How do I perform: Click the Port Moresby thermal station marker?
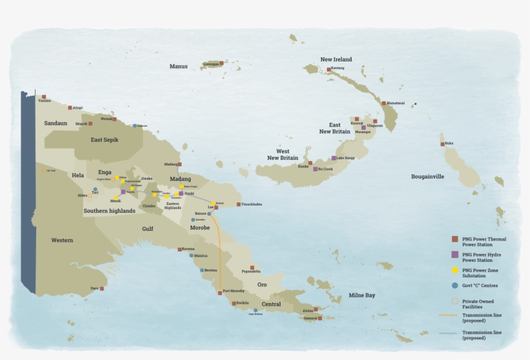coord(220,293)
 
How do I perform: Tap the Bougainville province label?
coord(427,176)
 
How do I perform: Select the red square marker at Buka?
coord(443,143)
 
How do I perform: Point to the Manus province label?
coord(178,66)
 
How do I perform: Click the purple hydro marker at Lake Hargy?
coord(334,158)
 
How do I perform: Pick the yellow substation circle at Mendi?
coord(116,198)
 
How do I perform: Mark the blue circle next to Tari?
coord(95,189)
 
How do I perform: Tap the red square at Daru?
coord(101,288)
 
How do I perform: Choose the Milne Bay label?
coord(361,295)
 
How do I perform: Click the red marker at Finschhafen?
coord(238,204)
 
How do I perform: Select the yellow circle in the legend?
coord(454,270)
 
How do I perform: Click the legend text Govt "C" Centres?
coord(480,285)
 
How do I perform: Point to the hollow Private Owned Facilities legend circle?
coord(454,301)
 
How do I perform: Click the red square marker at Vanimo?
coord(44,97)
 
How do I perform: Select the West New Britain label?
coord(283,154)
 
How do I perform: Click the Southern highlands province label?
coord(109,211)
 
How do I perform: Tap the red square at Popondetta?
coord(252,268)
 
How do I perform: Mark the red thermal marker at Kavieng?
coord(329,69)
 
